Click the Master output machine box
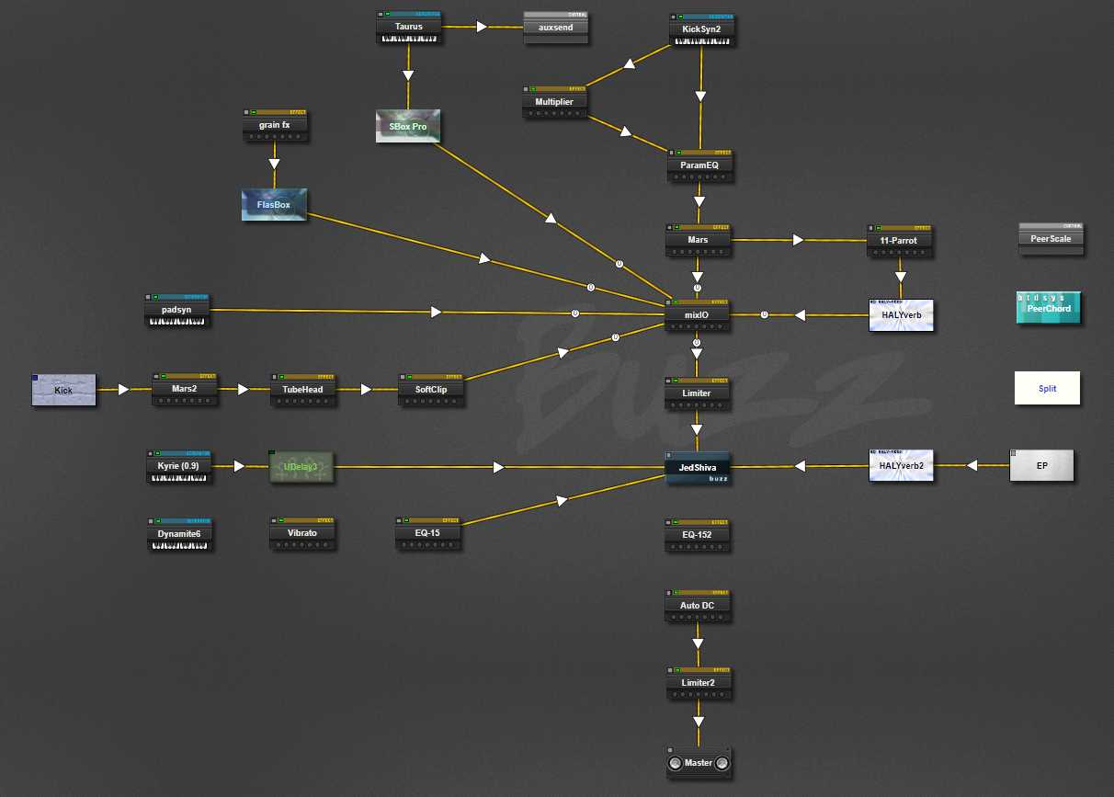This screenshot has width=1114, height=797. click(x=699, y=763)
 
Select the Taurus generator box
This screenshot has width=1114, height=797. click(x=409, y=28)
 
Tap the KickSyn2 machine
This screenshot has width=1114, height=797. click(x=701, y=29)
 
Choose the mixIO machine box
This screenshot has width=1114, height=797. click(x=698, y=314)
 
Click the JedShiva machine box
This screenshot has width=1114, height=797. click(x=698, y=468)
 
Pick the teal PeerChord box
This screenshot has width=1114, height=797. click(x=1049, y=308)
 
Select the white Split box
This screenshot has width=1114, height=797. click(x=1047, y=388)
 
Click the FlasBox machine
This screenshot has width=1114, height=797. click(x=274, y=205)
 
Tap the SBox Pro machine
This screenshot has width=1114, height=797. click(x=408, y=126)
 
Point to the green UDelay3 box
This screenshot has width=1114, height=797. click(x=301, y=467)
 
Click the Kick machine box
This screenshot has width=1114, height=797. click(x=63, y=390)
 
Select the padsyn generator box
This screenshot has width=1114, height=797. click(x=176, y=311)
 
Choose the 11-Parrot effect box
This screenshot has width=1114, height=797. click(x=899, y=240)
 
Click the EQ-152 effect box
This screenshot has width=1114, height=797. click(x=698, y=535)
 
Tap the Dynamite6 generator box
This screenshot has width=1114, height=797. click(x=179, y=534)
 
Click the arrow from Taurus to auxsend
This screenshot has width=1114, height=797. click(x=483, y=28)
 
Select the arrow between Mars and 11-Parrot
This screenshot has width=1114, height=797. click(x=798, y=240)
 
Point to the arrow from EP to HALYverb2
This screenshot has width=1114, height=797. click(x=970, y=466)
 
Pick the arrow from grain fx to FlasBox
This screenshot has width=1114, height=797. click(x=274, y=165)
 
